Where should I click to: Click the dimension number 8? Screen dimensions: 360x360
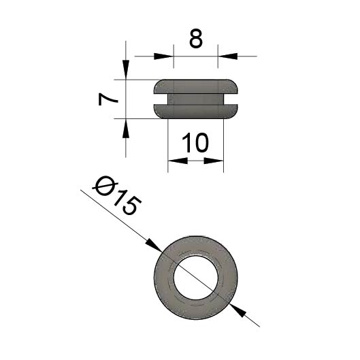pos(196,39)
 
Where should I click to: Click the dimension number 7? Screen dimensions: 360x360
pos(108,99)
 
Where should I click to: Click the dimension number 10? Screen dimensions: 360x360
pos(195,143)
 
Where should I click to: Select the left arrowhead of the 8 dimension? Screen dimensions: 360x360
pos(163,56)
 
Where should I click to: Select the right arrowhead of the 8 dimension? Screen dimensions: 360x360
pos(227,56)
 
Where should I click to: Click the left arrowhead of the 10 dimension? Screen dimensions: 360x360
pos(178,161)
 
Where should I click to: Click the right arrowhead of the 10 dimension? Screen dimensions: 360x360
pos(214,161)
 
